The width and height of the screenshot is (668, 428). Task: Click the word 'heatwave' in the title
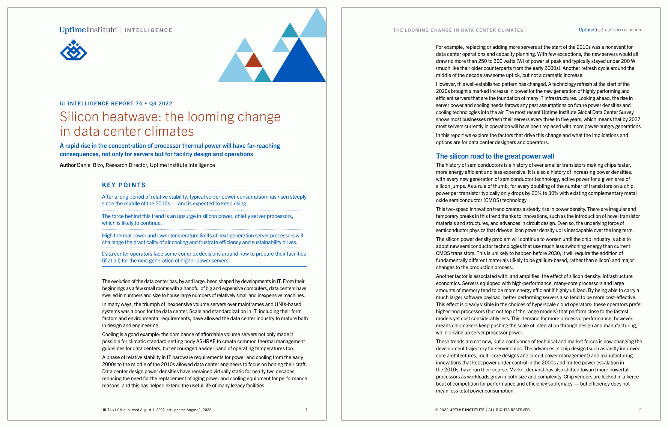coord(132,117)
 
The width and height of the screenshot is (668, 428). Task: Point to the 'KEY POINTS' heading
coord(124,185)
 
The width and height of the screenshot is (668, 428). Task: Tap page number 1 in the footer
coord(307,410)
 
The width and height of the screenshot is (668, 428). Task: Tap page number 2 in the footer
coord(640,410)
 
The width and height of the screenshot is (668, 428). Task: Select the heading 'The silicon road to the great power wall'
coord(495,156)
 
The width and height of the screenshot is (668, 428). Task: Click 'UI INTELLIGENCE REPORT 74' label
coord(101,104)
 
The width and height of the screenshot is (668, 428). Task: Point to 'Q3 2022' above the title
coord(161,104)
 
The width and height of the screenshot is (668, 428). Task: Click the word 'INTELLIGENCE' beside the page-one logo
coord(148,30)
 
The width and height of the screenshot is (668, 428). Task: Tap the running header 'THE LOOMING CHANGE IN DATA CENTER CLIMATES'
coord(458,30)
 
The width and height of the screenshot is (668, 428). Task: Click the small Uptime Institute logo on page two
coord(595,30)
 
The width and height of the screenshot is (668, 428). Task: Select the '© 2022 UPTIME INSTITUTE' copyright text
coord(460,410)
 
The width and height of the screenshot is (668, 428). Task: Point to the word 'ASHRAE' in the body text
coord(206,342)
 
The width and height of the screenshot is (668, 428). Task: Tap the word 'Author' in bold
coord(68,165)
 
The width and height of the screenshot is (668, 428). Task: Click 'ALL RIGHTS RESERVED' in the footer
coord(509,410)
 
